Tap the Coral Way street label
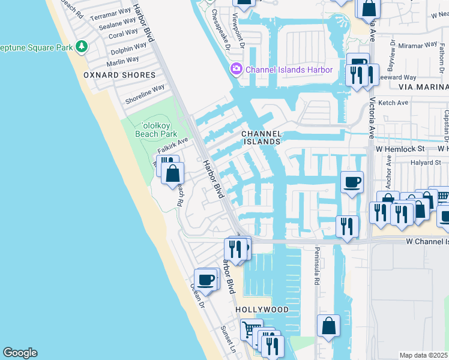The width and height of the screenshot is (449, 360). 124,34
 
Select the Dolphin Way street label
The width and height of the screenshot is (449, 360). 128,50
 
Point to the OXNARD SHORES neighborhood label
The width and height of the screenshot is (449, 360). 119,75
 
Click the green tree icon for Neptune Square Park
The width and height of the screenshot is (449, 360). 81,46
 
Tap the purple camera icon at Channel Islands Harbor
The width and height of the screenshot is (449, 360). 237,70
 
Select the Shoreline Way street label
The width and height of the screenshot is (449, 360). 144,94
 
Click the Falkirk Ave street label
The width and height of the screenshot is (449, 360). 173,145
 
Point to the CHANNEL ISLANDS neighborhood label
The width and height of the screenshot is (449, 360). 261,137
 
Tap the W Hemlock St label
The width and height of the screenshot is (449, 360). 400,148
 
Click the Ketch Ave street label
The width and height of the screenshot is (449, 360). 393,103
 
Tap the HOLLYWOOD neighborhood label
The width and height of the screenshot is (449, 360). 262,310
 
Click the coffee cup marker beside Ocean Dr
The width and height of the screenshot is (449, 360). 206,280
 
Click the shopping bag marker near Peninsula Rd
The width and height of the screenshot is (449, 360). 328,326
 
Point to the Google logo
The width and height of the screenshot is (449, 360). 20,353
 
